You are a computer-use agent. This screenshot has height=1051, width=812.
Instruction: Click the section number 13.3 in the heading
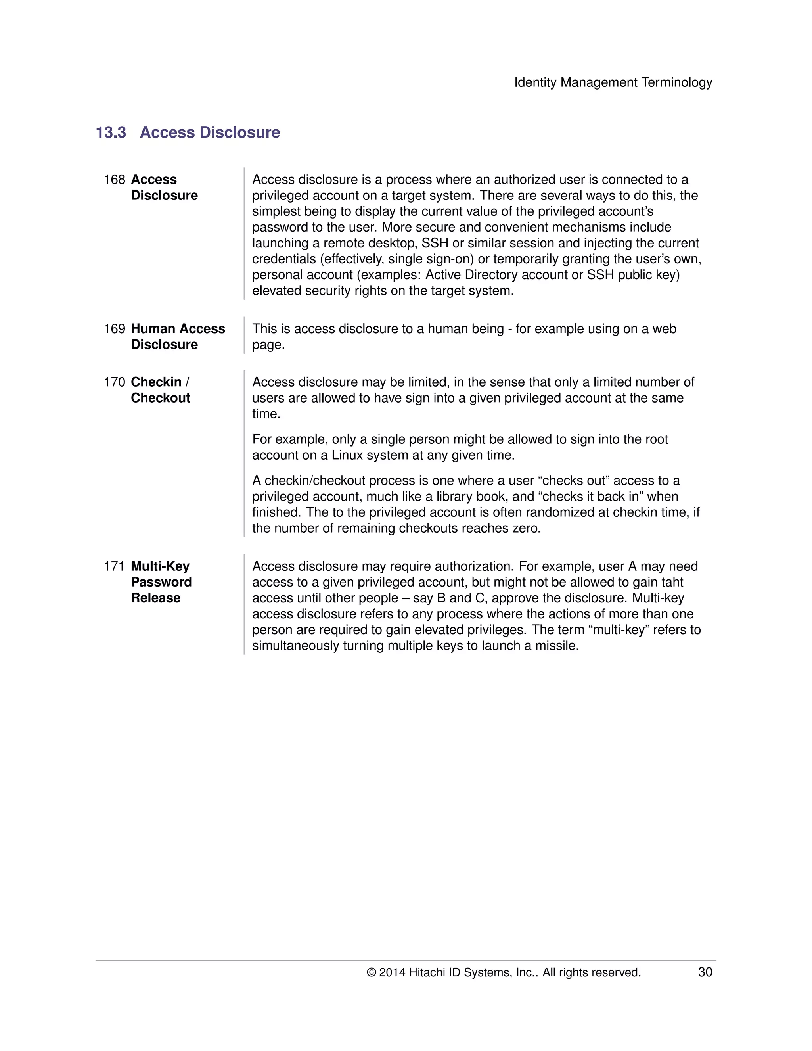111,132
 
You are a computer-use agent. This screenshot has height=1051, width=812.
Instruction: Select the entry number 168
114,180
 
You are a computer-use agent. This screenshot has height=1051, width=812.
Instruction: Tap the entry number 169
114,329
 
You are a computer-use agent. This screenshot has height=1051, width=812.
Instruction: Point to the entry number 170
114,382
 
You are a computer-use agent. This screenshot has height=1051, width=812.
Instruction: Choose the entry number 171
114,566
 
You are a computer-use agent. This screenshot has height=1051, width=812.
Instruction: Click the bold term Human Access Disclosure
178,336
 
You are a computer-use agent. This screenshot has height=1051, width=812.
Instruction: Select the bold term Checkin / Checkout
160,390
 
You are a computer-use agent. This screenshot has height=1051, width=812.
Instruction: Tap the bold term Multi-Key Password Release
161,582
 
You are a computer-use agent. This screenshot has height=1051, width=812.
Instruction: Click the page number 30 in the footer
705,972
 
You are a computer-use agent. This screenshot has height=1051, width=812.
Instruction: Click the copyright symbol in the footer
371,972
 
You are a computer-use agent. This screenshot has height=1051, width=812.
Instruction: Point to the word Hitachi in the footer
427,972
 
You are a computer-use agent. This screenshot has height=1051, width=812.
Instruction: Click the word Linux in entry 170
347,455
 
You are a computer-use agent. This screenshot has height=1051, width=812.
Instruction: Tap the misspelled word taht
672,582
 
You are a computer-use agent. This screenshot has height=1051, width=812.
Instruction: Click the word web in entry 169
665,329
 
